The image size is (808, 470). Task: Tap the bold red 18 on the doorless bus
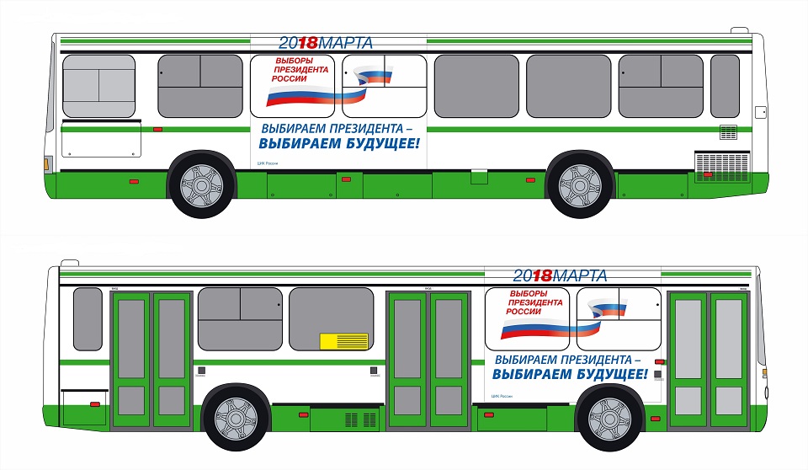click(310, 41)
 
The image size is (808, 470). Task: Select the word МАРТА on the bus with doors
click(581, 275)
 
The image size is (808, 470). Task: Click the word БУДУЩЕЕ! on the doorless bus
click(379, 143)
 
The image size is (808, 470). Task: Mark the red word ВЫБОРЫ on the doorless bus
click(295, 61)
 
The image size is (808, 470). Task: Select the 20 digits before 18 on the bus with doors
click(523, 275)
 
